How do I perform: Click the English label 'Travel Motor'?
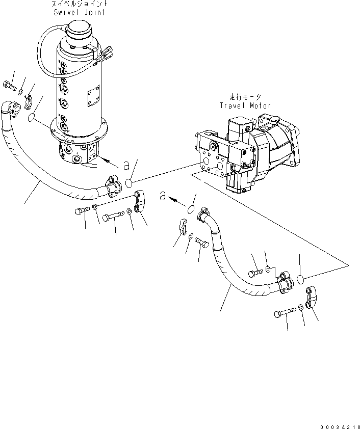click(x=245, y=105)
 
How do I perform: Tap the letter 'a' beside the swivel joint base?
click(x=125, y=165)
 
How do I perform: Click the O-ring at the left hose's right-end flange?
click(x=131, y=183)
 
